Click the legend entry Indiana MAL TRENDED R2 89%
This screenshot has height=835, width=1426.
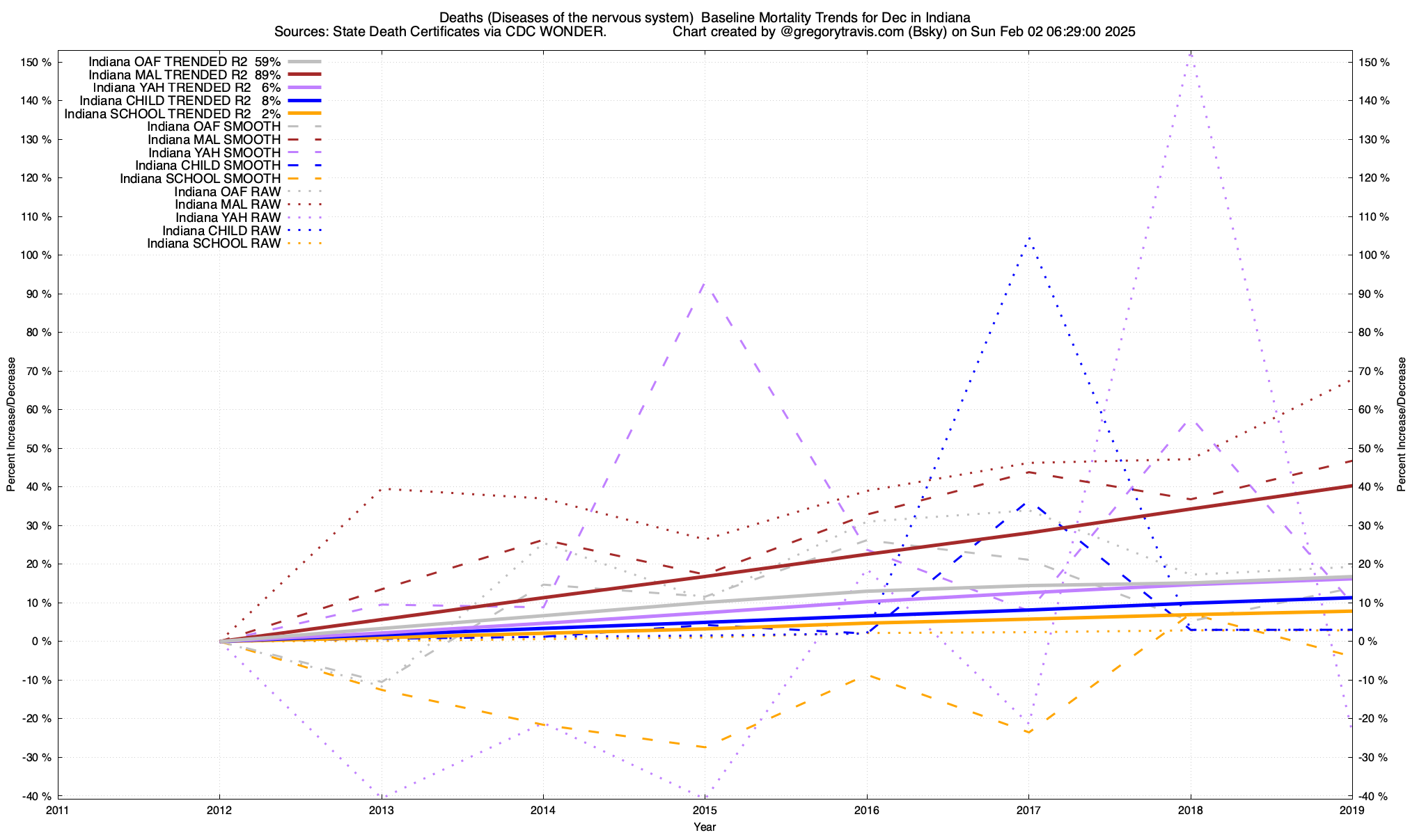[x=185, y=74]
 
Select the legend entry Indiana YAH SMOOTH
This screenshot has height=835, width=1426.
[x=214, y=152]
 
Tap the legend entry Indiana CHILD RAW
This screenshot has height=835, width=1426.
[x=221, y=230]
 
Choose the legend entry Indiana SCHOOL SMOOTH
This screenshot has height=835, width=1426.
[x=200, y=179]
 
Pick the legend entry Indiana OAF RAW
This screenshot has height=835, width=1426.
[x=228, y=191]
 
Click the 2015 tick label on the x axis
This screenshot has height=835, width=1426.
[x=705, y=810]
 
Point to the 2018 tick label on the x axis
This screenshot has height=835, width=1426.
[x=1190, y=810]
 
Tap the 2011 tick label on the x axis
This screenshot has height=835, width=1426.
[x=58, y=810]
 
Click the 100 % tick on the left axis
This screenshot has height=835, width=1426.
[x=36, y=255]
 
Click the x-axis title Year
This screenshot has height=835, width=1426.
[x=705, y=827]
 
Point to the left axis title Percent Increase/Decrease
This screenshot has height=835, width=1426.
[x=11, y=424]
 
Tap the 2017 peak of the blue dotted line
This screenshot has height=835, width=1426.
[x=1028, y=238]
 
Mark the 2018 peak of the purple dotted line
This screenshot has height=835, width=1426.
[x=1191, y=54]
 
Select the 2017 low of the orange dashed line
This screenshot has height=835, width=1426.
[x=1028, y=732]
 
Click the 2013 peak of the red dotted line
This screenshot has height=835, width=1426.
[x=386, y=488]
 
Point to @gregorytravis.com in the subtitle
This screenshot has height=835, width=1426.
[x=833, y=32]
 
